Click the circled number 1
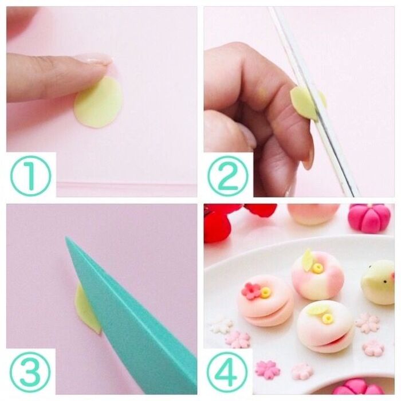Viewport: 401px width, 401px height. click(31, 176)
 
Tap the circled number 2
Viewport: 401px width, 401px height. click(228, 176)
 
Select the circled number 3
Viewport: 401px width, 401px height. click(30, 372)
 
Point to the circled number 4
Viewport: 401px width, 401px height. click(227, 372)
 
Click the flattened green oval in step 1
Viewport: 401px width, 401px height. click(99, 103)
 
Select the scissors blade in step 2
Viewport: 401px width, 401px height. click(314, 103)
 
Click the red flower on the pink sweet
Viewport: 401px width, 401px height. click(251, 291)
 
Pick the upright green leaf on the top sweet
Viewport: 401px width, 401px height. click(307, 260)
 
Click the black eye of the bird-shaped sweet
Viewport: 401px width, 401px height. click(385, 282)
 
